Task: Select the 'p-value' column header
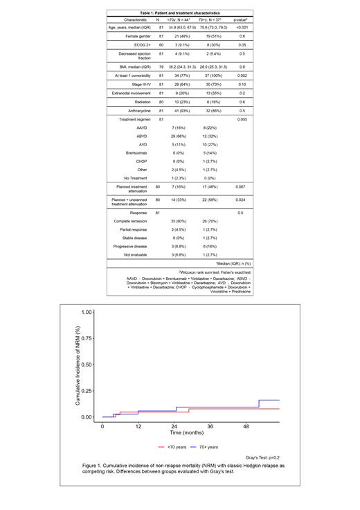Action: [x=240, y=20]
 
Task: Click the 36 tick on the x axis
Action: [x=210, y=426]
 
